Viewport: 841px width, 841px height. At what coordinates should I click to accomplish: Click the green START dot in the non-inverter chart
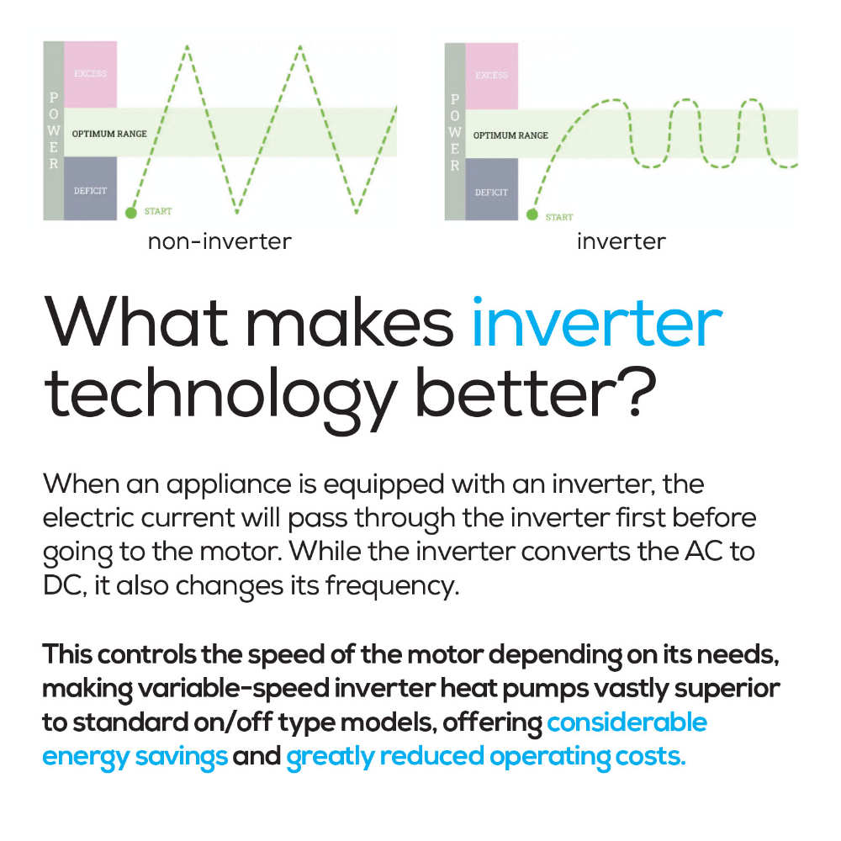point(131,213)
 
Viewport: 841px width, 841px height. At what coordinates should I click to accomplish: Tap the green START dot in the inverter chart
point(532,214)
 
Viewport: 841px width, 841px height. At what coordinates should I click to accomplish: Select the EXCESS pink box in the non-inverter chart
point(90,74)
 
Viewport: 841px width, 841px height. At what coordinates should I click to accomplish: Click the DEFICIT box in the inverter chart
point(491,189)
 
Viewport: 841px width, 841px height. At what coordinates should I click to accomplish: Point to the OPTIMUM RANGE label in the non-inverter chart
point(109,134)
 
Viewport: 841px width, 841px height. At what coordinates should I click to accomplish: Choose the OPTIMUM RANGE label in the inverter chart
point(510,135)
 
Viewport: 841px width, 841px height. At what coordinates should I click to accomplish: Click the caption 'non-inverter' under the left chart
point(220,242)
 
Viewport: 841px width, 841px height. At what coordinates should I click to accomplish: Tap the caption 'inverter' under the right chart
point(621,242)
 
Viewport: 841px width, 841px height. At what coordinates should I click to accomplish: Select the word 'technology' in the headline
point(220,398)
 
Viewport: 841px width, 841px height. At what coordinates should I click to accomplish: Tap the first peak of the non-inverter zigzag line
point(188,46)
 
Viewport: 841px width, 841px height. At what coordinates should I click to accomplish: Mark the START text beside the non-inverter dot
point(158,211)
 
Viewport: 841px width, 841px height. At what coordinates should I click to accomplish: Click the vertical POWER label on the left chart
point(54,130)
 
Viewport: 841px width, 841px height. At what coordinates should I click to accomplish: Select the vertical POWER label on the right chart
point(455,132)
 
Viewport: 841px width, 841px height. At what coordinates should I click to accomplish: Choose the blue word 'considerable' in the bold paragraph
point(627,722)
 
